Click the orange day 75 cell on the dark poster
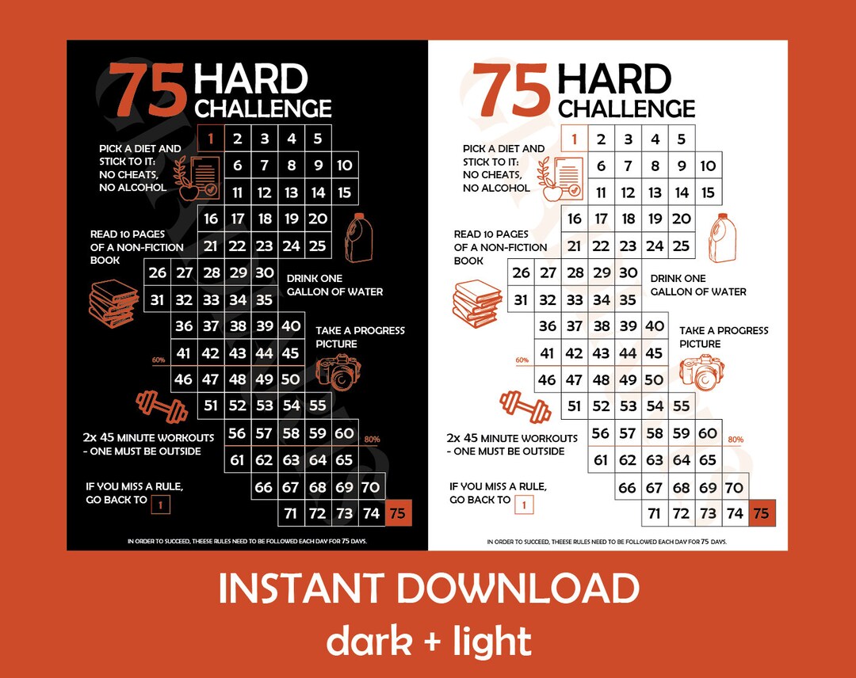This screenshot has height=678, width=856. point(398,513)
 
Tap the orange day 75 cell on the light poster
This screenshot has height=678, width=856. point(761,513)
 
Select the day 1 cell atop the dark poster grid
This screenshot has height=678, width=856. point(211,139)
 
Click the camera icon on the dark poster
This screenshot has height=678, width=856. point(338,371)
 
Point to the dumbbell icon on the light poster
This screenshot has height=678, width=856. point(525,406)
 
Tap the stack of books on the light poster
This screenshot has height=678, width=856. point(476,304)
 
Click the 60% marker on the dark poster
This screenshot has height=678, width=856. point(159,360)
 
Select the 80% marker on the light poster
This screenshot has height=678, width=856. point(736,440)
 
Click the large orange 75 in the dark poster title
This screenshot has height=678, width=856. point(149,90)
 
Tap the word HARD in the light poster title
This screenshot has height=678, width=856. point(614,80)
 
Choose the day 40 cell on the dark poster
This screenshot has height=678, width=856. point(291,326)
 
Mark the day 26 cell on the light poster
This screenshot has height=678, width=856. point(521,272)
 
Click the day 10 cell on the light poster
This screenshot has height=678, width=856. point(708,166)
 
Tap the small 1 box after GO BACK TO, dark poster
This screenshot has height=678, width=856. point(160,504)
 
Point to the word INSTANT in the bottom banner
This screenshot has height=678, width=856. point(300,588)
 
